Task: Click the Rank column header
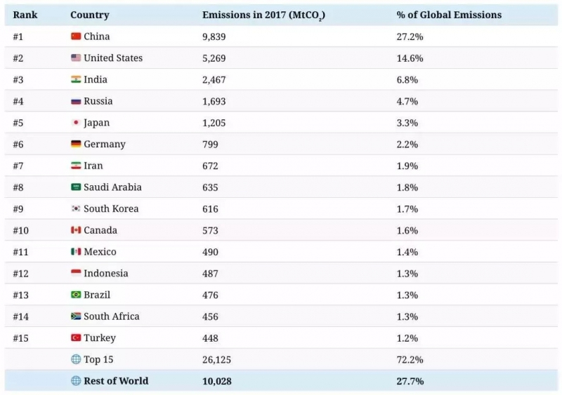(25, 15)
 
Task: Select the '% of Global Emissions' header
(449, 15)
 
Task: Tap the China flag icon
(76, 36)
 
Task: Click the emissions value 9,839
(214, 36)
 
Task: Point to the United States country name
(112, 58)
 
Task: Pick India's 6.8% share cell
(407, 79)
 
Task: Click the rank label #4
(18, 101)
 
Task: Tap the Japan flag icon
(76, 123)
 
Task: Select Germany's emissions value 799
(210, 145)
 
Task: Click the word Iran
(93, 166)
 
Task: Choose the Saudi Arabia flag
(76, 187)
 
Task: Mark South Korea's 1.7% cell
(407, 209)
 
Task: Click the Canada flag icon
(76, 230)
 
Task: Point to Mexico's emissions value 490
(210, 252)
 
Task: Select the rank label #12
(21, 274)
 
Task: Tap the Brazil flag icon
(76, 295)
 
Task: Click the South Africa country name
(111, 316)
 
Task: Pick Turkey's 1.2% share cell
(407, 338)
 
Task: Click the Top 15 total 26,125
(216, 360)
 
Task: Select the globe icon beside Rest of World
(76, 381)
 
